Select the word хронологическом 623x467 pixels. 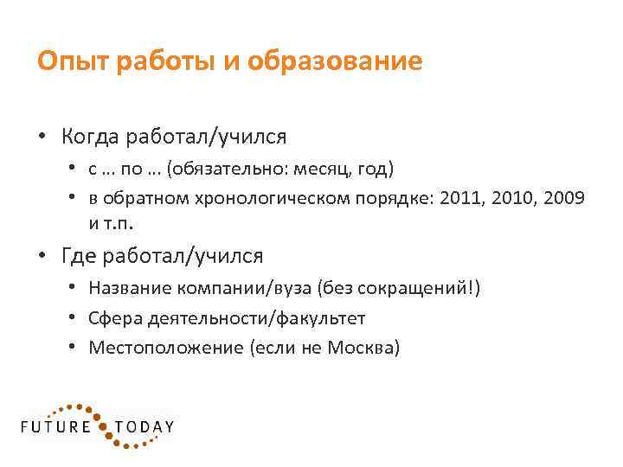click(252, 198)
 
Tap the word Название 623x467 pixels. click(129, 289)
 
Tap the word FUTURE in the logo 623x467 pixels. click(55, 427)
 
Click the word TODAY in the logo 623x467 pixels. click(145, 427)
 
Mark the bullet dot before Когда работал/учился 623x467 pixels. click(42, 138)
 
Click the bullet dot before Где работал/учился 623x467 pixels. click(42, 257)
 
